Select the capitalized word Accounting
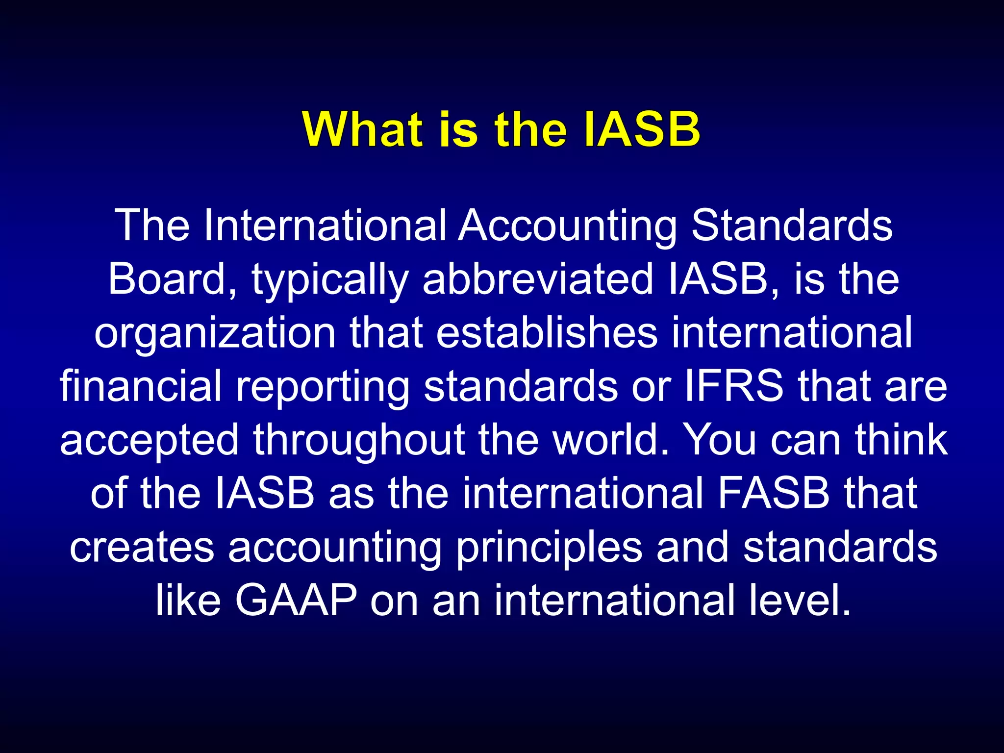(x=567, y=226)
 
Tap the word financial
(x=141, y=386)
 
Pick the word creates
(x=142, y=547)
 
